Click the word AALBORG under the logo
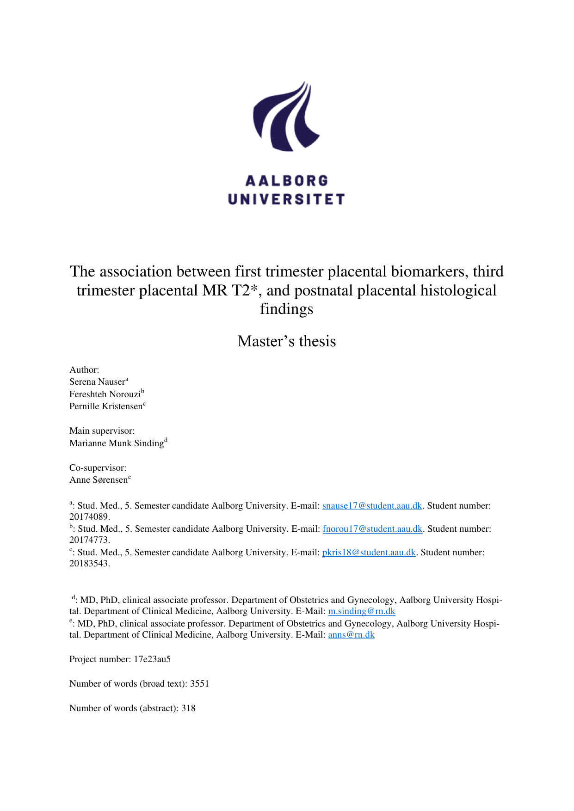coord(286,181)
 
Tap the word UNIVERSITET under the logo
coord(286,199)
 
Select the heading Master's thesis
coord(286,341)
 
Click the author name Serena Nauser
coord(97,382)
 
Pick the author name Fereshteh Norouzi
coord(105,394)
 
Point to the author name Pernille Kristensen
coord(106,406)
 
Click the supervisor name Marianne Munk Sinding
coord(117,443)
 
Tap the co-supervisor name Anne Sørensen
coord(99,480)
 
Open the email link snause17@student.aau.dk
coord(372,506)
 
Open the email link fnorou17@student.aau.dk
coord(372,529)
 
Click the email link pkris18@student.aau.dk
coord(369,553)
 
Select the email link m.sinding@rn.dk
coord(361,611)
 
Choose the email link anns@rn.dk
coord(351,635)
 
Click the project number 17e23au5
coord(152,659)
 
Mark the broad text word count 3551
coord(199,684)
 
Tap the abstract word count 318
coord(188,708)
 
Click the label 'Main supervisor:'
coord(102,431)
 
